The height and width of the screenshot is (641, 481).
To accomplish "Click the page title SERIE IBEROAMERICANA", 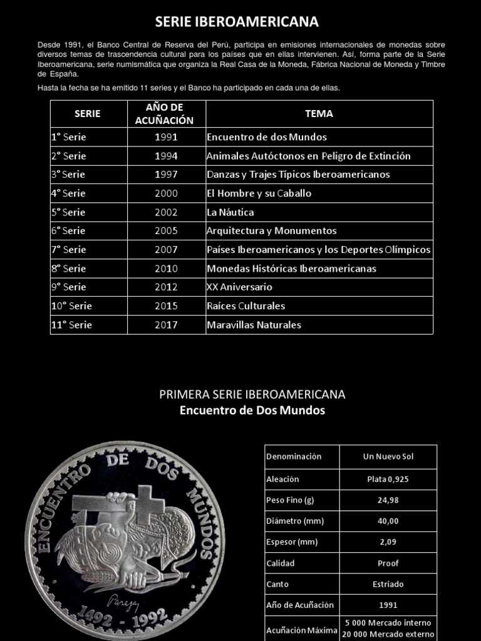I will coord(237,22).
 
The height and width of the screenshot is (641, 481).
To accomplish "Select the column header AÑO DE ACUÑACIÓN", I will coord(166,114).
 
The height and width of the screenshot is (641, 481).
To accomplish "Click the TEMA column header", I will coord(319,114).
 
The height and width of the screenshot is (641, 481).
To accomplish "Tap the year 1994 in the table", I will coord(166,156).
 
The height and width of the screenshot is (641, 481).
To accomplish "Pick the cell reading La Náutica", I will coord(230,212).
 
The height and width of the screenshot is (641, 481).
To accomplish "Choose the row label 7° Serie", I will coord(69,250).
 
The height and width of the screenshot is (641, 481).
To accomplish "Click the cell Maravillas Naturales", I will coord(254,325).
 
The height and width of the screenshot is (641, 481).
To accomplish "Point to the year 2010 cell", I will coord(166,269).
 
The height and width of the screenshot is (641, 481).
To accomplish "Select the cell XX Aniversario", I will coord(239,287).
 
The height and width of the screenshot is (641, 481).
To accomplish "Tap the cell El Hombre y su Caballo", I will coord(259,193).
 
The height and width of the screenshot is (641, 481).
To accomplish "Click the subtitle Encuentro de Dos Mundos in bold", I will coord(252,411).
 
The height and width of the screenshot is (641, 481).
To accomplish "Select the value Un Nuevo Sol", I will coord(388,456).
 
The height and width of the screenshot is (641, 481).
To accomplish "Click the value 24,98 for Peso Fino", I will coord(388,500).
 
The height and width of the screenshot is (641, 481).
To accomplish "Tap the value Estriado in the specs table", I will coord(388,584).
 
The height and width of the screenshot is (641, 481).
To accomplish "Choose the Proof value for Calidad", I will coord(388,563).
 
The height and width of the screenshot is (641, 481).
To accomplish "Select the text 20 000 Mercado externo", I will coord(388,634).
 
